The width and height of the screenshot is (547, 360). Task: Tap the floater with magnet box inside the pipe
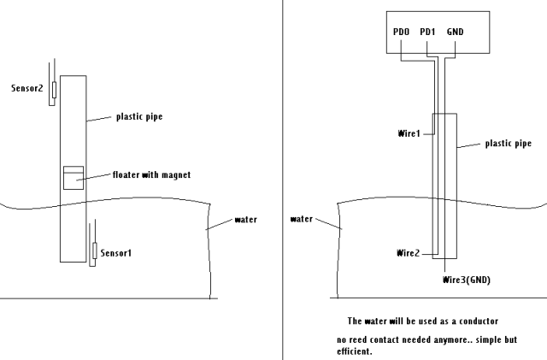pos(74,177)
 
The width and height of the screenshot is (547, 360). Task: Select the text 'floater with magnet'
pos(150,174)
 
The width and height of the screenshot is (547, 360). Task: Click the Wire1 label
pos(409,134)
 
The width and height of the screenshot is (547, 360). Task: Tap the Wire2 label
pos(409,253)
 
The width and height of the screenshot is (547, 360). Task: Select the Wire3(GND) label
pos(467,280)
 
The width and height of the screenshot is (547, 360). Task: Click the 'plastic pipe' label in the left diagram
pos(139,117)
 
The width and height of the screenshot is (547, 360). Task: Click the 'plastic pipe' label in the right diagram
pos(508,144)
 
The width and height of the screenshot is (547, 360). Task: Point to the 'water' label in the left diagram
pos(245,220)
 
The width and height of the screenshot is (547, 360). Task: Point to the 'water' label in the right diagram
pos(302,219)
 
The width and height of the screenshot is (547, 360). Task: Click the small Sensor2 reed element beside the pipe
pos(55,90)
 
